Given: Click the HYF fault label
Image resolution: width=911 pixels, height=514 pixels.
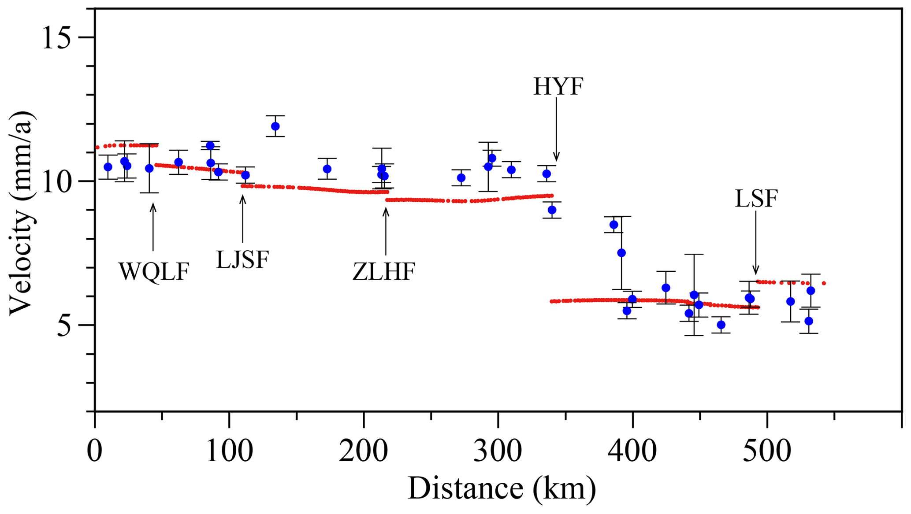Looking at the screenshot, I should [558, 86].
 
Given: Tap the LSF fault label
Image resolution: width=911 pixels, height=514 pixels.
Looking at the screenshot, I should [756, 199].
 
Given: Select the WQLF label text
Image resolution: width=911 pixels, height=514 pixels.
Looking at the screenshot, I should [154, 271].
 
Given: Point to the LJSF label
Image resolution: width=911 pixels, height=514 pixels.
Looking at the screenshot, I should [242, 259].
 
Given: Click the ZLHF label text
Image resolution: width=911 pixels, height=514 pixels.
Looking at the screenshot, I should [384, 271].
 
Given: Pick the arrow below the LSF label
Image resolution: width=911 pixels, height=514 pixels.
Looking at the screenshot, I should [756, 242].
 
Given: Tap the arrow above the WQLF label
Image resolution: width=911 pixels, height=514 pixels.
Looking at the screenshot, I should [153, 227].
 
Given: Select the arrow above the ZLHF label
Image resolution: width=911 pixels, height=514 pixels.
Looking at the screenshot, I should [386, 231].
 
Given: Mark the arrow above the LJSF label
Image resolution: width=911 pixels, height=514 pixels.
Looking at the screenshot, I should [242, 218].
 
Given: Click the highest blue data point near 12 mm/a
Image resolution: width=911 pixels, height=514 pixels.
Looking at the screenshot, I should [275, 126].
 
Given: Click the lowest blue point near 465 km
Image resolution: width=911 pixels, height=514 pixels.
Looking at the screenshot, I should [721, 325].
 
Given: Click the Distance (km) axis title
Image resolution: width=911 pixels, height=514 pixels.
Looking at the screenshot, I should [502, 488].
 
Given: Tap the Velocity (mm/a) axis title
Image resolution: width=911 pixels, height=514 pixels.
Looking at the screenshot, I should [21, 213].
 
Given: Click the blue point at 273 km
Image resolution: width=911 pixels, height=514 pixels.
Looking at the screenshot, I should [461, 178].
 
